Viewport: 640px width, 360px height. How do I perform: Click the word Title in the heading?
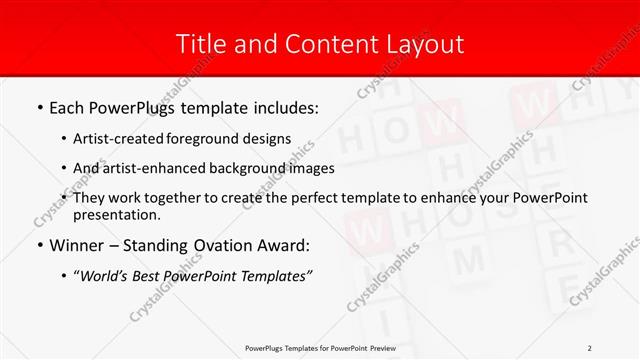click(200, 44)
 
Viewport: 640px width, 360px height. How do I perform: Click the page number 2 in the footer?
click(589, 347)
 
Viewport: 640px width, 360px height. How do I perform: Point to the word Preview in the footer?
click(379, 347)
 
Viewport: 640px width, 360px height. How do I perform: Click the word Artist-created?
click(119, 138)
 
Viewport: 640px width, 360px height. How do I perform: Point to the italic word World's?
click(103, 275)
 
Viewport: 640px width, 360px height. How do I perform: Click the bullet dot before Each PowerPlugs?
click(40, 108)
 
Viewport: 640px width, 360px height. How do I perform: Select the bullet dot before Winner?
click(40, 246)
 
